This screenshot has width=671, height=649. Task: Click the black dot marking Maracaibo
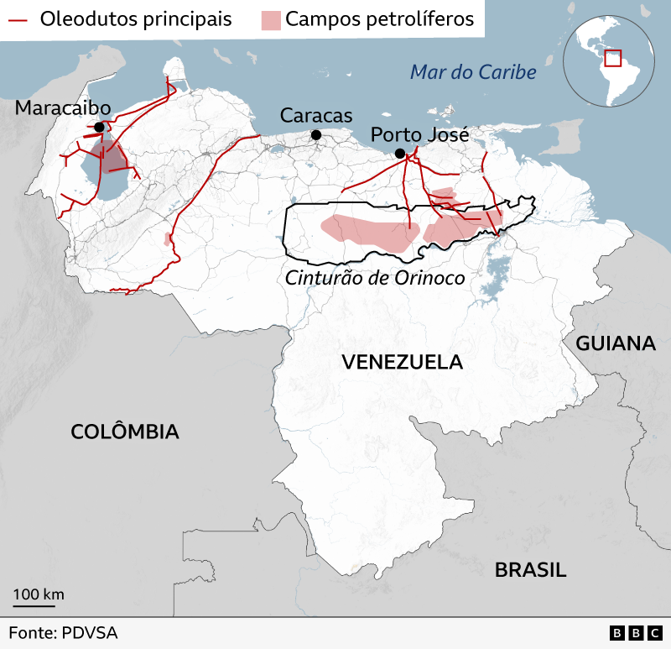click(x=100, y=127)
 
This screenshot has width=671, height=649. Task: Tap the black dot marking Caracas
click(x=316, y=135)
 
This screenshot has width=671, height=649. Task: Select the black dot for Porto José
click(x=400, y=153)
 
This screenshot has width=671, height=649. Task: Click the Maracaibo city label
click(x=63, y=108)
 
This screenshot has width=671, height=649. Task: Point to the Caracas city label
click(x=316, y=116)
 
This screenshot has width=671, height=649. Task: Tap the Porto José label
click(x=419, y=134)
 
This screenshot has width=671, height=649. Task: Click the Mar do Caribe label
click(x=473, y=72)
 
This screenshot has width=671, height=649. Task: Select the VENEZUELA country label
click(x=403, y=362)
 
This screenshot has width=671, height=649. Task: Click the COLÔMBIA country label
click(x=125, y=432)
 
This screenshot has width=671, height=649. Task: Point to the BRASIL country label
click(x=530, y=570)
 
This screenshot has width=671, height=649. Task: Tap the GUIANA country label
click(x=615, y=343)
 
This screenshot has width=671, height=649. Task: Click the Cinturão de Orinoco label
click(x=375, y=278)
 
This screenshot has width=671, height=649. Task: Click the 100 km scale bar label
click(x=39, y=594)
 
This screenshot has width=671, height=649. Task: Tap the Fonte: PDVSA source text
click(x=63, y=632)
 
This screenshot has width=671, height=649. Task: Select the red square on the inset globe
click(x=612, y=58)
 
